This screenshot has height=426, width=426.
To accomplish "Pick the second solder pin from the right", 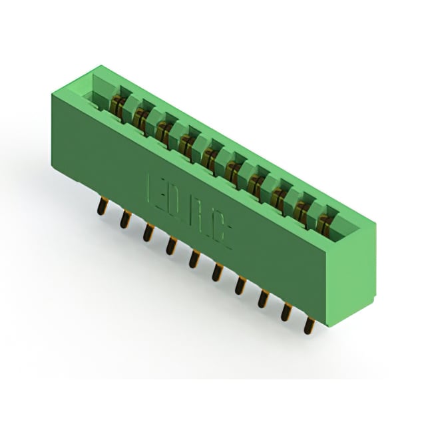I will point(286,312).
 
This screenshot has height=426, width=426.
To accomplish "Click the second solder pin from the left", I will point(125,219).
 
